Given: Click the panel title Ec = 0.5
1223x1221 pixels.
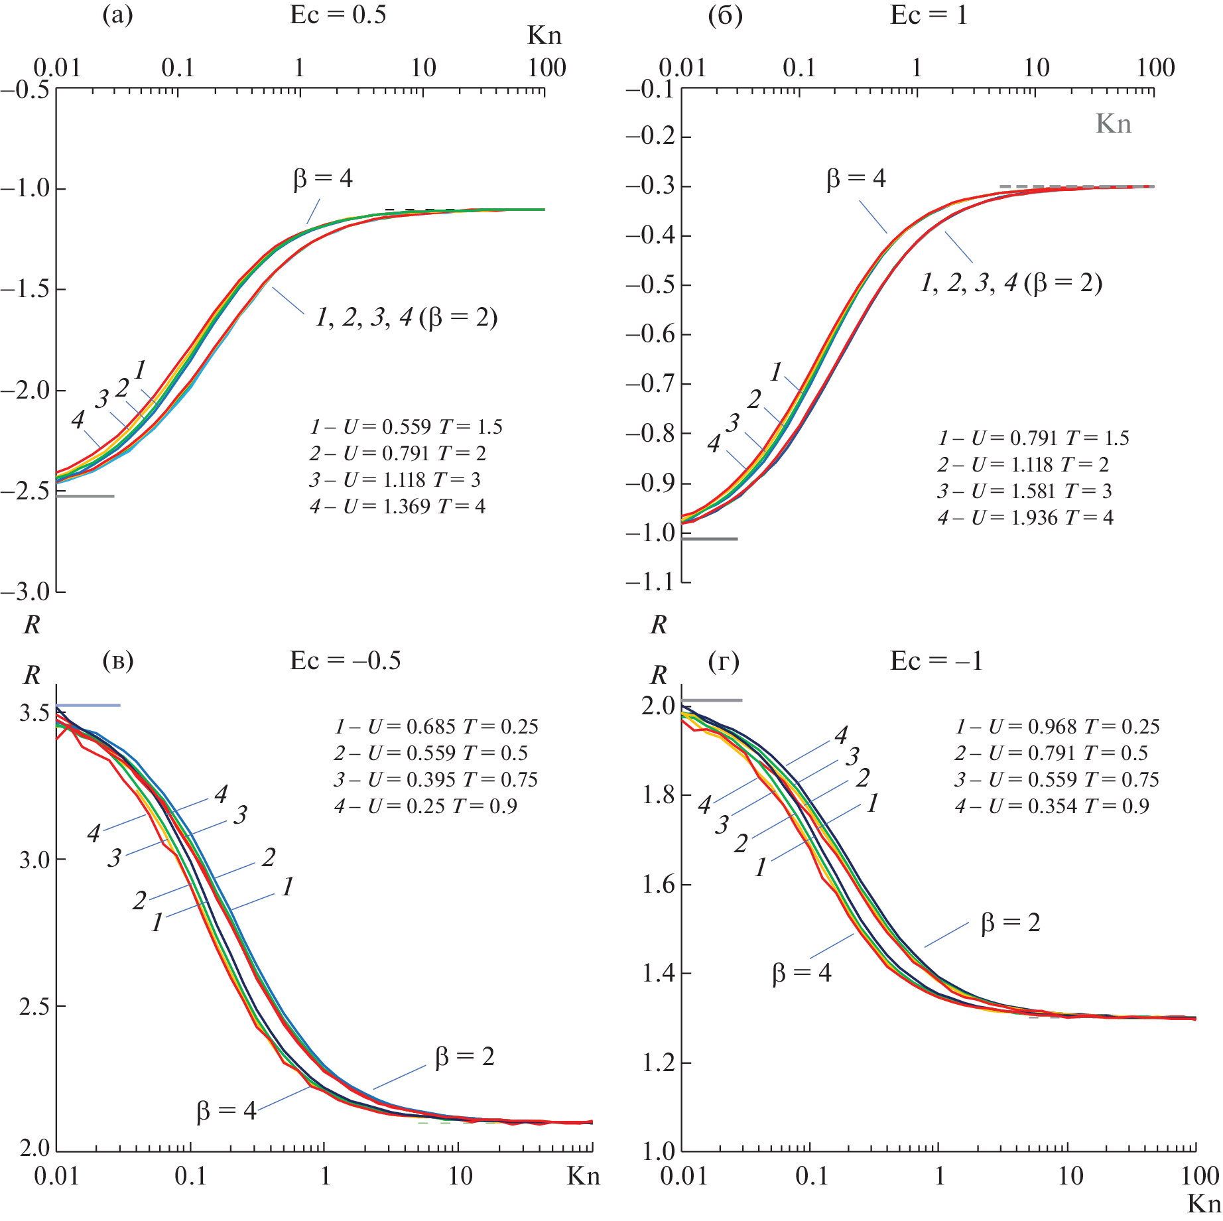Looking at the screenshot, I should click(338, 15).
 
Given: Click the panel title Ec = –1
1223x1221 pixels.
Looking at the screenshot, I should click(936, 661).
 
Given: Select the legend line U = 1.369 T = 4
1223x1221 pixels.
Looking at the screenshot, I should click(397, 507).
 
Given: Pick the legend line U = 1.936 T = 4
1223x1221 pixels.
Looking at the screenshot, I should click(1025, 518).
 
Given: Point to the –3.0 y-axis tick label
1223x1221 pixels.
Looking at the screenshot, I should click(25, 592).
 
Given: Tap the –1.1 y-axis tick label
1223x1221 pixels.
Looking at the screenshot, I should click(650, 582).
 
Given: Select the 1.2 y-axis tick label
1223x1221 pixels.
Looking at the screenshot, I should click(658, 1063).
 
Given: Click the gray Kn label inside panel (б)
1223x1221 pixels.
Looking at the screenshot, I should click(1113, 124).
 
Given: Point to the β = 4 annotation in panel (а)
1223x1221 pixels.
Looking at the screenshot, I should click(323, 178).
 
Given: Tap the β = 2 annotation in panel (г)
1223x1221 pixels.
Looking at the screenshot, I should click(1010, 923).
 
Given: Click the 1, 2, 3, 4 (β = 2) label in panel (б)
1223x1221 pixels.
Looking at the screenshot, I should click(1011, 283).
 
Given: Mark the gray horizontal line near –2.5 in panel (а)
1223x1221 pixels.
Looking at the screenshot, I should click(85, 496).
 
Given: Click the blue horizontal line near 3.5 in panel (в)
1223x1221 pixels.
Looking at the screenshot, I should click(88, 705).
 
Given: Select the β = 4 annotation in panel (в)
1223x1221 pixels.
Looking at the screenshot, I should click(226, 1110).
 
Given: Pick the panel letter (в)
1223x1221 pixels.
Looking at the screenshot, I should click(118, 661).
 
